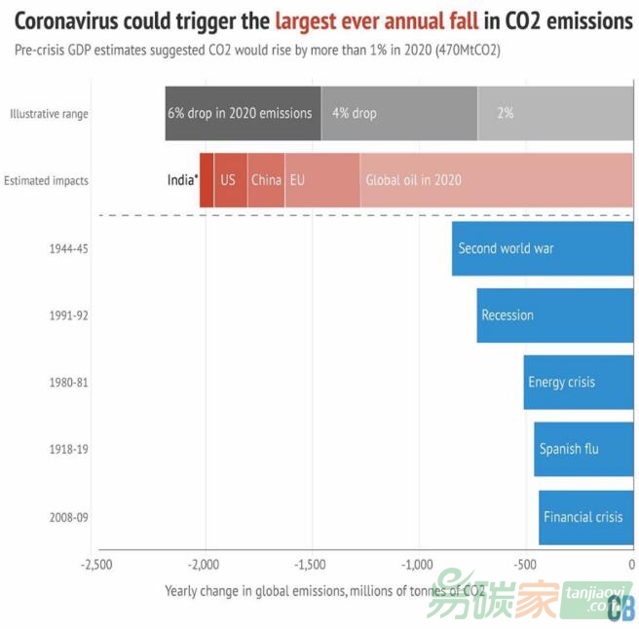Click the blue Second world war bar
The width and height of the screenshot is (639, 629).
click(542, 248)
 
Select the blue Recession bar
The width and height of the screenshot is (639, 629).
click(554, 315)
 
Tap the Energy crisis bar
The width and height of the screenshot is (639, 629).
click(578, 382)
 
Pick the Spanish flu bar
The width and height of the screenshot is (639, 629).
click(583, 449)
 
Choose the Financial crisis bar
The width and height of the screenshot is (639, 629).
click(584, 517)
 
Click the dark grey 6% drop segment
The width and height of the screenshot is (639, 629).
click(243, 113)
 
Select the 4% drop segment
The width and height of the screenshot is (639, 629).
click(398, 113)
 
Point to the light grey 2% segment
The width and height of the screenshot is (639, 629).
click(554, 113)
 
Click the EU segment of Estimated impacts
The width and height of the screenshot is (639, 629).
click(321, 180)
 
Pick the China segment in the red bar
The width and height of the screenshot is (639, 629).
click(266, 180)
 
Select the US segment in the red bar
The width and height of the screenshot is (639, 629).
click(230, 180)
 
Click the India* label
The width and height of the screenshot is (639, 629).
click(182, 180)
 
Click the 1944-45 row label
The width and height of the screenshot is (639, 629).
click(69, 248)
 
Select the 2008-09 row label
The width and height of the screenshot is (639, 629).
click(69, 517)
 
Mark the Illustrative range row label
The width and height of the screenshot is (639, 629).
click(49, 114)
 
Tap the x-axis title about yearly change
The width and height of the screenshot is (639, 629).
click(324, 590)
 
